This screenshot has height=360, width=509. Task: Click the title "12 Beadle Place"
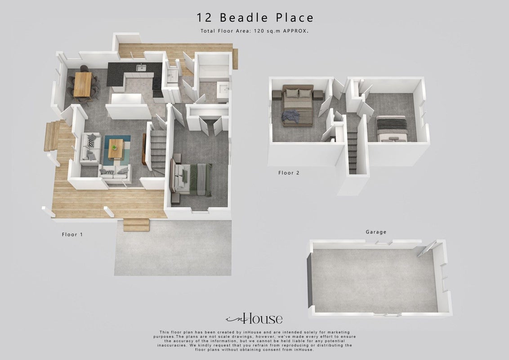click(255, 18)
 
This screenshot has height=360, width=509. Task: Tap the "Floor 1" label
click(72, 234)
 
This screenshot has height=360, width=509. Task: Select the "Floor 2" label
click(289, 173)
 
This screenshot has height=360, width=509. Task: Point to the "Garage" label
click(376, 232)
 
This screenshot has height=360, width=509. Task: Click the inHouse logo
click(254, 319)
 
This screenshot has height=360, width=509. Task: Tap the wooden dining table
click(83, 85)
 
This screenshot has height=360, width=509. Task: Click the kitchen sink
click(141, 67)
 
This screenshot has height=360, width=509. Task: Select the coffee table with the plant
click(116, 149)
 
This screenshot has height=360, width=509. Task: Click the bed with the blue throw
click(298, 105)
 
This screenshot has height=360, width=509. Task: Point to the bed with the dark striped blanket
click(392, 129)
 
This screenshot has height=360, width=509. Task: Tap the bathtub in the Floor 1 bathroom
click(213, 73)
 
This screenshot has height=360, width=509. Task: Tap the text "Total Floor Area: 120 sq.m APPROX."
click(254, 31)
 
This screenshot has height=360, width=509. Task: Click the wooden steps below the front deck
click(136, 225)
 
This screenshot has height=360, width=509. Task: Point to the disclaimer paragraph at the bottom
click(254, 341)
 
